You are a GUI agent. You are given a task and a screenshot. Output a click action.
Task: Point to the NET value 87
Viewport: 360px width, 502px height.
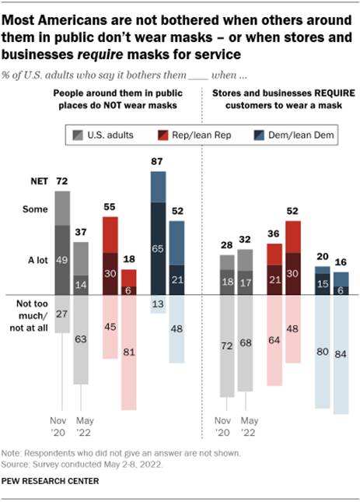[158, 162]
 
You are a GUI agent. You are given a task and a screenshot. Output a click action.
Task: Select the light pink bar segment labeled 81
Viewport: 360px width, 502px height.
[128, 352]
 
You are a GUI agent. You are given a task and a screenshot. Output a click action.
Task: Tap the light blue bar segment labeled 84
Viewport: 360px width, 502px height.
[341, 354]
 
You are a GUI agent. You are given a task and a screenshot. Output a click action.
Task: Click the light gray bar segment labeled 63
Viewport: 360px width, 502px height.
[80, 339]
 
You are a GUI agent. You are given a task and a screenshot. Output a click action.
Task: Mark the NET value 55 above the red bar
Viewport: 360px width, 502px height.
[110, 209]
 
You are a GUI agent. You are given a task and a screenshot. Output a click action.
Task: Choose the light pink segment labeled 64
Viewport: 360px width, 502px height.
[274, 339]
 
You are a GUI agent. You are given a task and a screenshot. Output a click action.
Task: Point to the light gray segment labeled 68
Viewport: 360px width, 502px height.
[244, 342]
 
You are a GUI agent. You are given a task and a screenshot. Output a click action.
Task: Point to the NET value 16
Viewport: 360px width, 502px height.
[341, 264]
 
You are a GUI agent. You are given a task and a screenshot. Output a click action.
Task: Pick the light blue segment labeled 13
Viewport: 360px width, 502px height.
[158, 303]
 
